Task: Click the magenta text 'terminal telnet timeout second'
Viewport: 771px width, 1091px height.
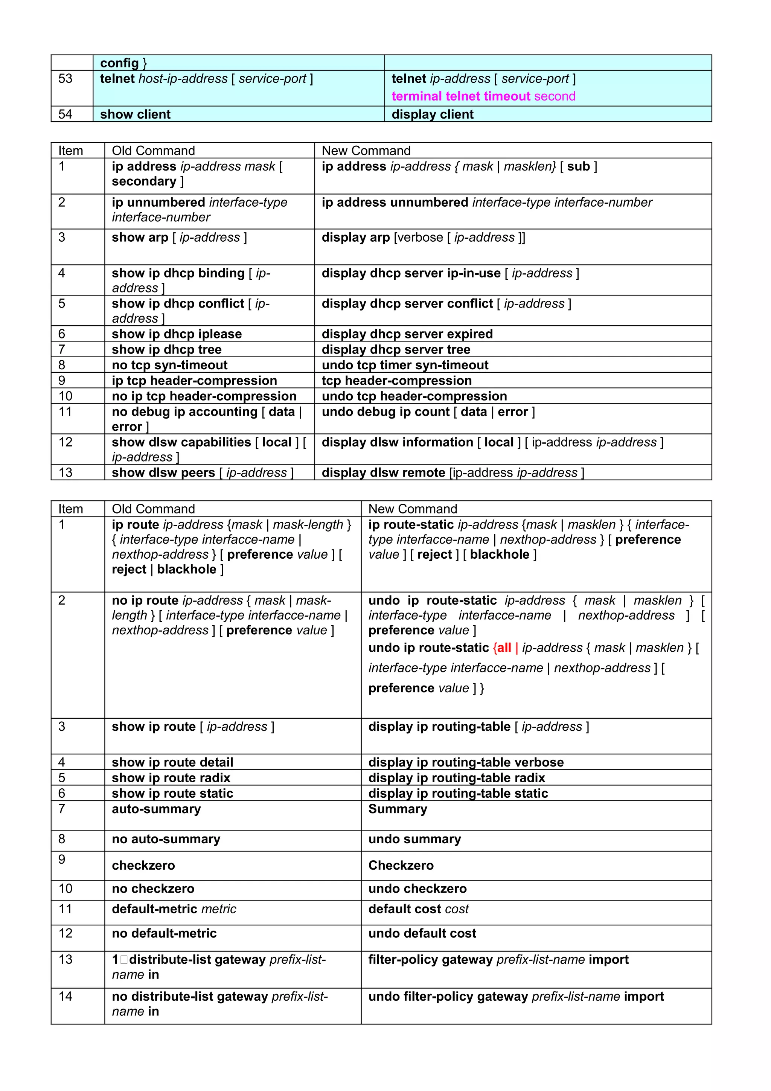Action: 483,96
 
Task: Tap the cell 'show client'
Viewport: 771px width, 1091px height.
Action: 136,114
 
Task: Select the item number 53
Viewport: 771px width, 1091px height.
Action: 65,79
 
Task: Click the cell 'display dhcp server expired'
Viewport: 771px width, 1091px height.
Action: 407,334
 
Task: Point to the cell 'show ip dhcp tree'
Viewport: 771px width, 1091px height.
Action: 167,349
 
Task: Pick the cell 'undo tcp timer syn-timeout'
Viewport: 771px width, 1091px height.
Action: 405,365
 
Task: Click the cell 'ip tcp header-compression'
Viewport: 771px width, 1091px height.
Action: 194,381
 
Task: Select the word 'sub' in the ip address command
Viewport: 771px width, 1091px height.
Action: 578,167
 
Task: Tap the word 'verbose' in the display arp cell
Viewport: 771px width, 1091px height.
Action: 419,238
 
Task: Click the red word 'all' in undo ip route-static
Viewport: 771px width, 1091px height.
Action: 504,648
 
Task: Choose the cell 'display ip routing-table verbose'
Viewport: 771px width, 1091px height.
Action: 466,762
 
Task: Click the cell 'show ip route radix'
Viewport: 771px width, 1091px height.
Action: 171,778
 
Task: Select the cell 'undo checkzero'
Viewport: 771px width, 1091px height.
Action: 417,888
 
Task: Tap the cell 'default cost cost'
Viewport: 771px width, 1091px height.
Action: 418,909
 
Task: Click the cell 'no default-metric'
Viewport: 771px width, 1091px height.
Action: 164,933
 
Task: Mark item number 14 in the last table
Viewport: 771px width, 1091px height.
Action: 65,996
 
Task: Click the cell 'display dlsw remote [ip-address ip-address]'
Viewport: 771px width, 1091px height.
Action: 452,473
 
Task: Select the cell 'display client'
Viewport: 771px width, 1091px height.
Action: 432,114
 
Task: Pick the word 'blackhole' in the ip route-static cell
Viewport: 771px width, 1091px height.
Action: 499,555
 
